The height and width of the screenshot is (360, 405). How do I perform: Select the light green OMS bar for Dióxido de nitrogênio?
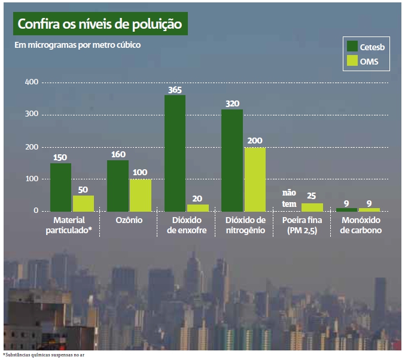click(x=255, y=179)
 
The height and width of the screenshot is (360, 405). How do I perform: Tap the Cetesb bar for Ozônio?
click(x=118, y=185)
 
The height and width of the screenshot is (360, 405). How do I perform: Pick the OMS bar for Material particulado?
click(x=83, y=203)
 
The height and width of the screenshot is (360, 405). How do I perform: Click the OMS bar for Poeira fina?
click(x=312, y=207)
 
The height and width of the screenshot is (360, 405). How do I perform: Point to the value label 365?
click(x=175, y=90)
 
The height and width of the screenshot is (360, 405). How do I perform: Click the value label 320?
click(x=232, y=103)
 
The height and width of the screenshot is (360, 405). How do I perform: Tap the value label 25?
click(x=312, y=196)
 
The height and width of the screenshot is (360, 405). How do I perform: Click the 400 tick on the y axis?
click(x=31, y=82)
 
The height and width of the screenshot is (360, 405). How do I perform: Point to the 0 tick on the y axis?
click(x=36, y=211)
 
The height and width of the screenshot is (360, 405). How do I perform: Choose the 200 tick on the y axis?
click(x=31, y=147)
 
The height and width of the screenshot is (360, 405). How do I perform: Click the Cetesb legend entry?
click(x=366, y=46)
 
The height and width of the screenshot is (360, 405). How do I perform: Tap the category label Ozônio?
click(x=129, y=221)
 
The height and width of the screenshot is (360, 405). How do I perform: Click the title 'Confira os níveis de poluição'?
click(x=99, y=25)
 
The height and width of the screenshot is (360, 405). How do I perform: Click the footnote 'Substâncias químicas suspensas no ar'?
click(x=48, y=355)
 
